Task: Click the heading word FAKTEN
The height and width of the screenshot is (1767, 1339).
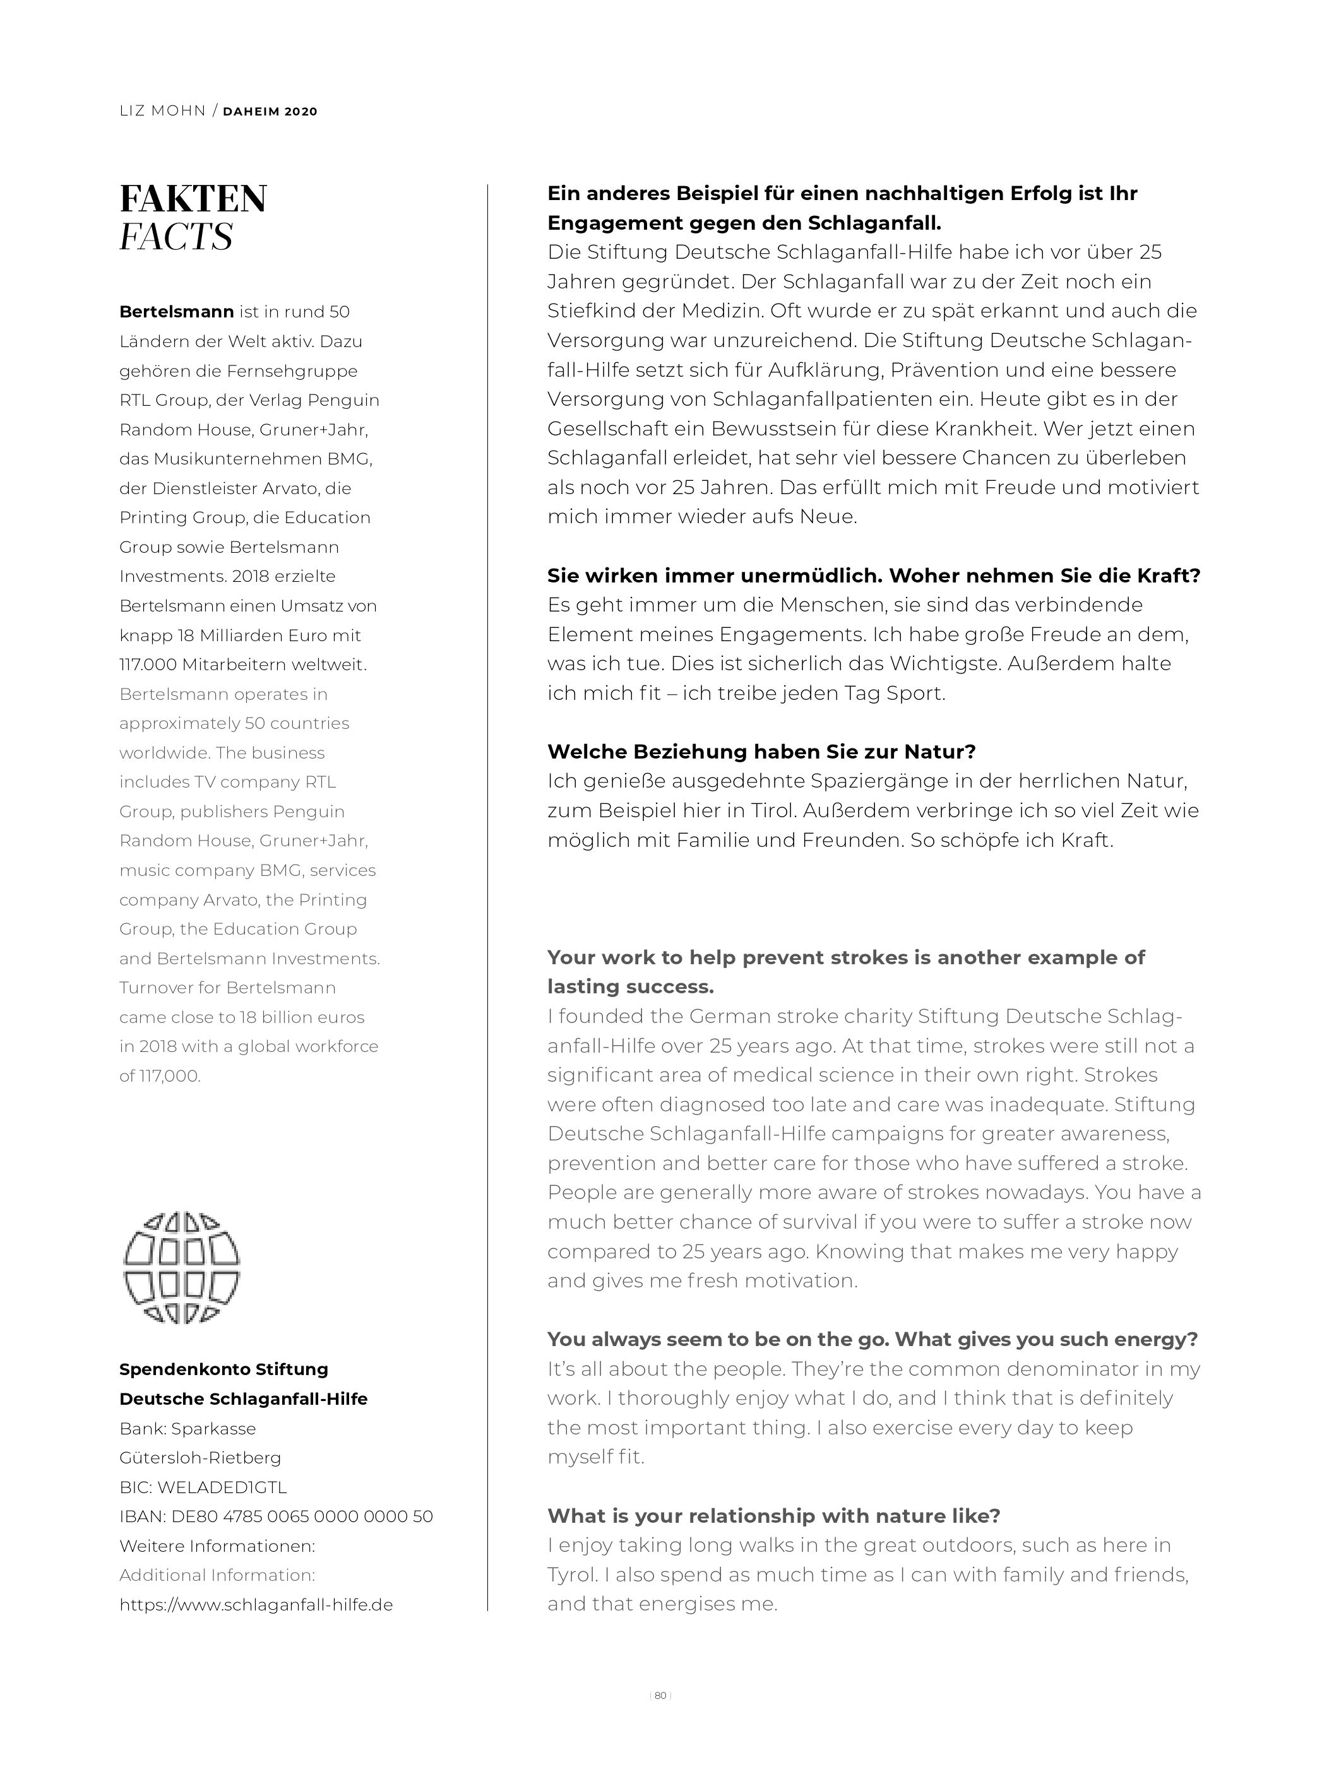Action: point(193,199)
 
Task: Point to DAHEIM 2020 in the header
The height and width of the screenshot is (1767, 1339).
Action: point(270,112)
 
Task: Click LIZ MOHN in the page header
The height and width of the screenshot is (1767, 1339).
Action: point(163,111)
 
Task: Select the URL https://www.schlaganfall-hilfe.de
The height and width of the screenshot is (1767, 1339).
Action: point(256,1604)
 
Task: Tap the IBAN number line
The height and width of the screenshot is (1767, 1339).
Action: point(276,1516)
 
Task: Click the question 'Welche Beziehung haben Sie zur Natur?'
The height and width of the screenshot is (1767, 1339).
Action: point(761,752)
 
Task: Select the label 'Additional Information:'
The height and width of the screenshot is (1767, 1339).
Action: point(217,1575)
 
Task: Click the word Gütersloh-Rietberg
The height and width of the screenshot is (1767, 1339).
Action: point(199,1458)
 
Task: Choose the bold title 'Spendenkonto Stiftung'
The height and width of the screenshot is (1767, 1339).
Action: point(223,1369)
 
